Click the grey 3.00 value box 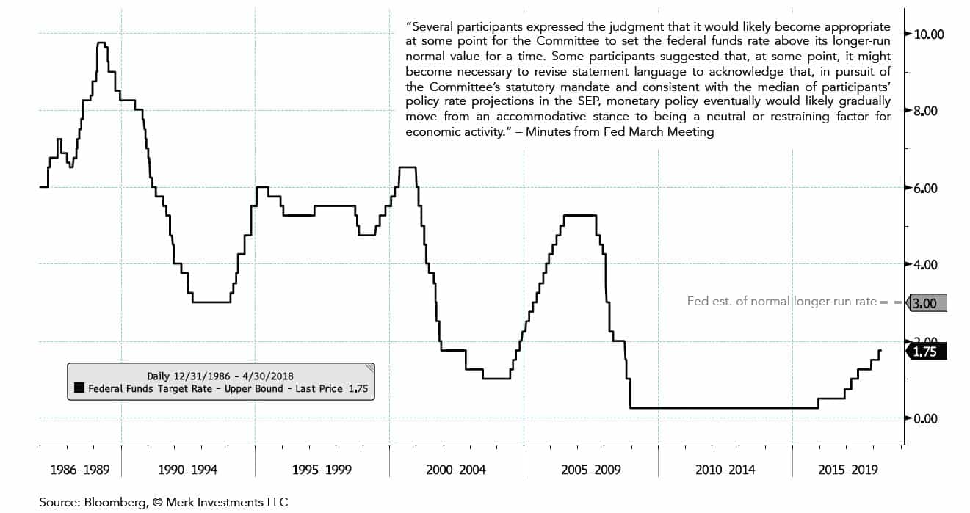pos(927,302)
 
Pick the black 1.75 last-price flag pos(927,352)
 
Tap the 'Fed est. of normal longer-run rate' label pos(781,301)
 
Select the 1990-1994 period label pos(187,470)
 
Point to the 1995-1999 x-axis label pos(322,470)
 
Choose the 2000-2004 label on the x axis pos(455,470)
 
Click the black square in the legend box pos(79,389)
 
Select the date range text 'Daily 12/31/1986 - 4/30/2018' pos(220,376)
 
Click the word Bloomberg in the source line pos(110,502)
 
